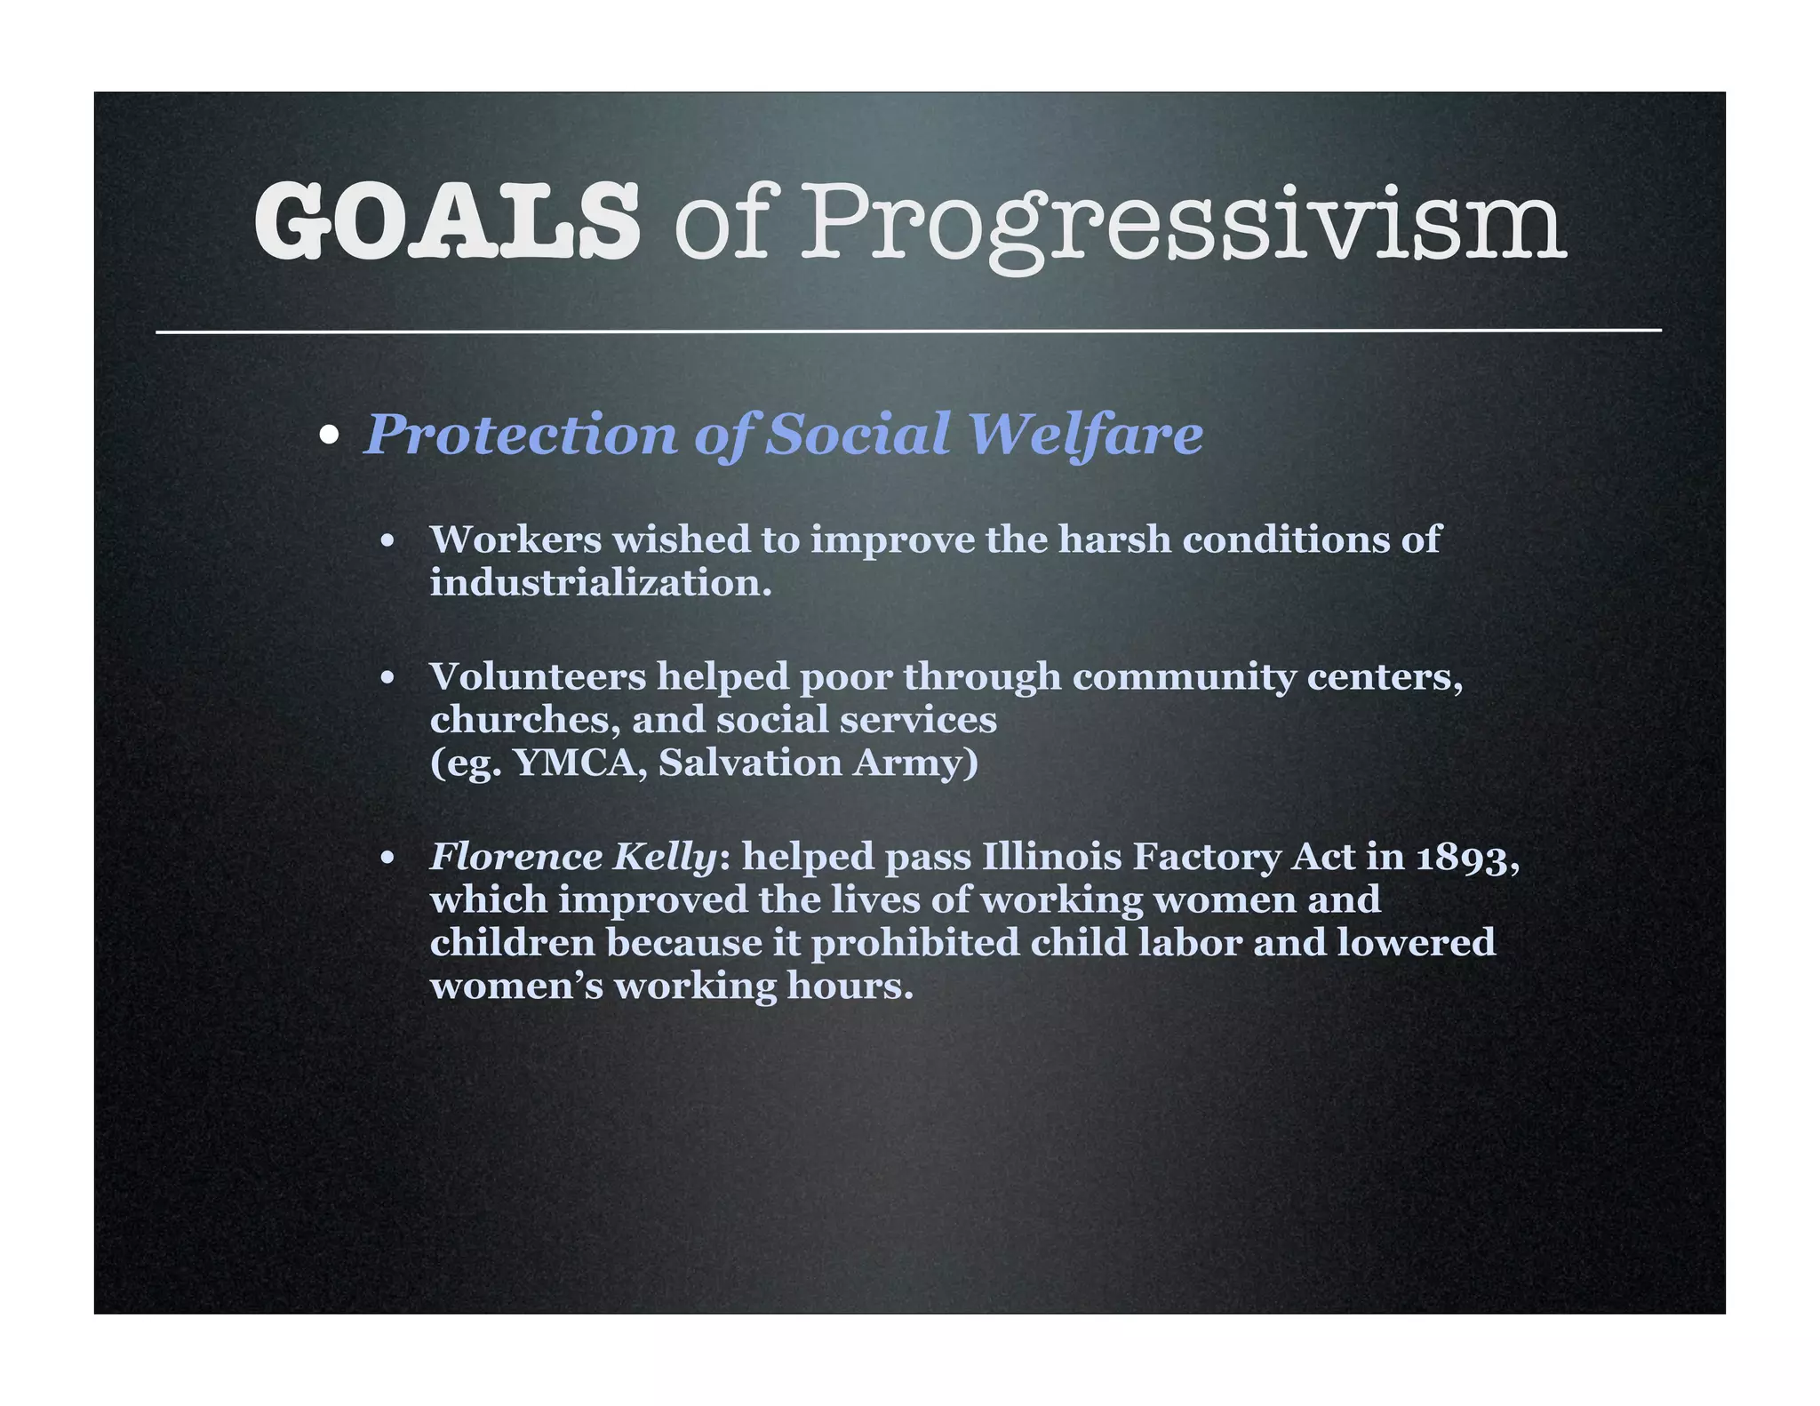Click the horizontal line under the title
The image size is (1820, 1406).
(908, 332)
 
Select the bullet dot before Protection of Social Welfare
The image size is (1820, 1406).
(330, 435)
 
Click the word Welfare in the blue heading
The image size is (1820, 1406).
(1085, 435)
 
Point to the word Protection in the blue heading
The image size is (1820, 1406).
(521, 435)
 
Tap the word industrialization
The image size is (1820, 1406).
(600, 583)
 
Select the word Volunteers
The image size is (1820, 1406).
(538, 677)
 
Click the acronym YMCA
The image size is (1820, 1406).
(580, 763)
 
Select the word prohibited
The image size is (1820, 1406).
(914, 943)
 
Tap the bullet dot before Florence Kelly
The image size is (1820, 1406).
(387, 859)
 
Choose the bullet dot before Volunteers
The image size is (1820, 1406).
(387, 679)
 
